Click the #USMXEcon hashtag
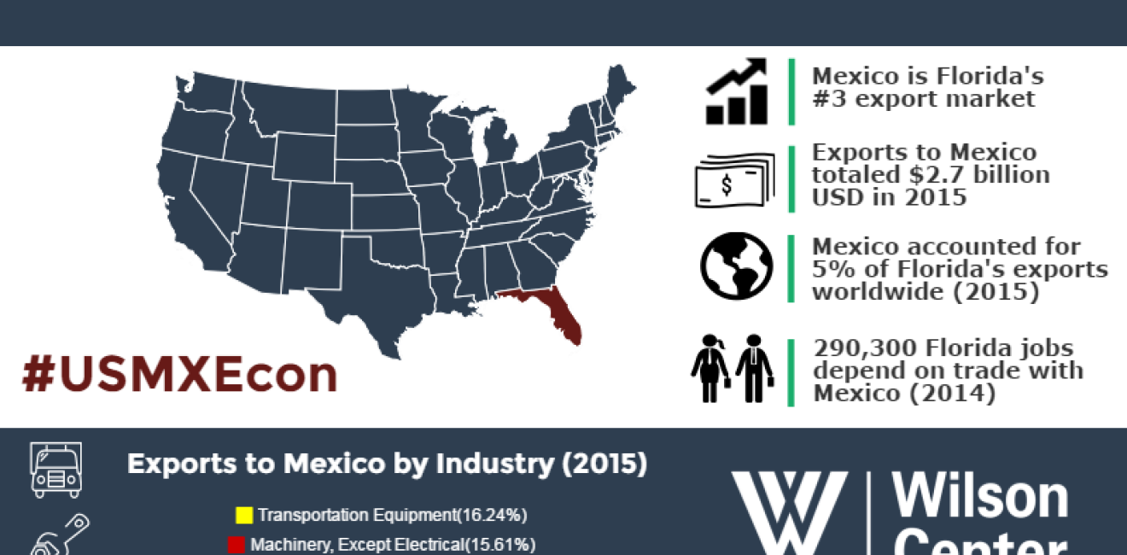179,375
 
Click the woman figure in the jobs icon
710,368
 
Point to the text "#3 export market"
924,99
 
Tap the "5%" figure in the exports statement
832,270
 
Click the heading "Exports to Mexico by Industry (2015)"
387,464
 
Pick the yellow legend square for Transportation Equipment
243,515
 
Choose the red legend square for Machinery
236,544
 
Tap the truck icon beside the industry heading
56,469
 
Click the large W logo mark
789,512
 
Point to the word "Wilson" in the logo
980,496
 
